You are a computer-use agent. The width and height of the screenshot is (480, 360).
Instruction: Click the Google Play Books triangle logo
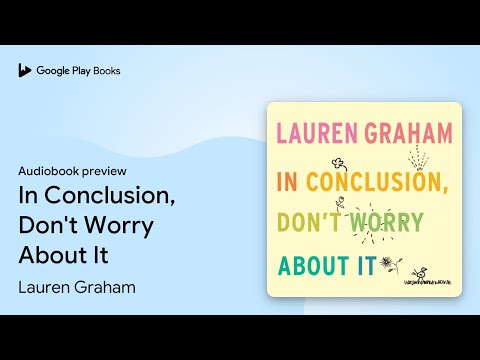coord(23,71)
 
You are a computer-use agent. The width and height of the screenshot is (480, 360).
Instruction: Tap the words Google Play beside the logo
coord(62,71)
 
